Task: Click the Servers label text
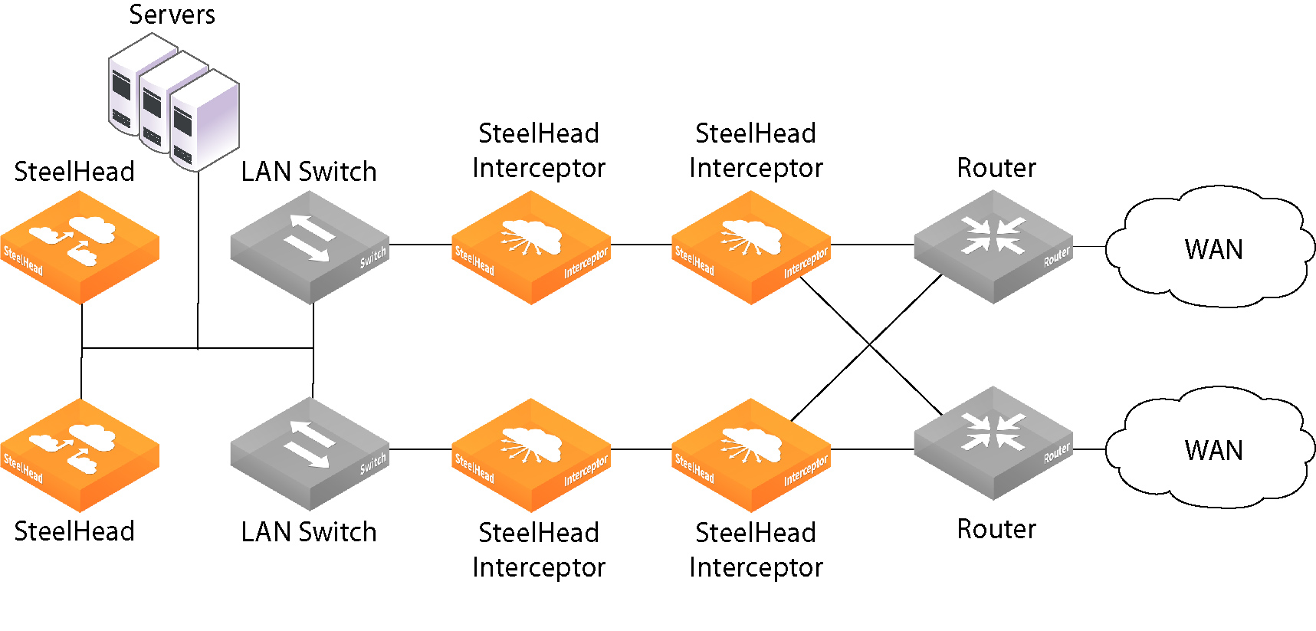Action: tap(172, 15)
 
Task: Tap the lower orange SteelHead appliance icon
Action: tap(80, 454)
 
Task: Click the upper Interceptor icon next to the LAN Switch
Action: tap(530, 247)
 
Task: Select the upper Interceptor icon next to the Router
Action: tap(750, 247)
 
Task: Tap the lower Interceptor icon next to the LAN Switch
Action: tap(530, 454)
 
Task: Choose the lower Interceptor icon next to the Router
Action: tap(750, 454)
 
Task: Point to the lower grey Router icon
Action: tap(993, 442)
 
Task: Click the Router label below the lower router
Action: tap(996, 529)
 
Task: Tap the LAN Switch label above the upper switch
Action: tap(309, 172)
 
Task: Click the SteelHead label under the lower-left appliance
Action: tap(74, 531)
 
